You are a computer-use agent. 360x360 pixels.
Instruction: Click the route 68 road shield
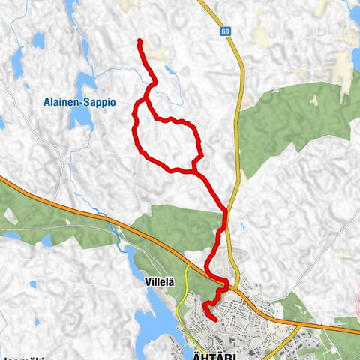pyautogui.click(x=225, y=32)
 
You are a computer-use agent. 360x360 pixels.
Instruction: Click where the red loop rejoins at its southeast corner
pyautogui.click(x=194, y=171)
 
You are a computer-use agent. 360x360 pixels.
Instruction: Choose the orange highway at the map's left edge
pyautogui.click(x=6, y=181)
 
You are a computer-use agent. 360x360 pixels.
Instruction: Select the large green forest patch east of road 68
pyautogui.click(x=300, y=120)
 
